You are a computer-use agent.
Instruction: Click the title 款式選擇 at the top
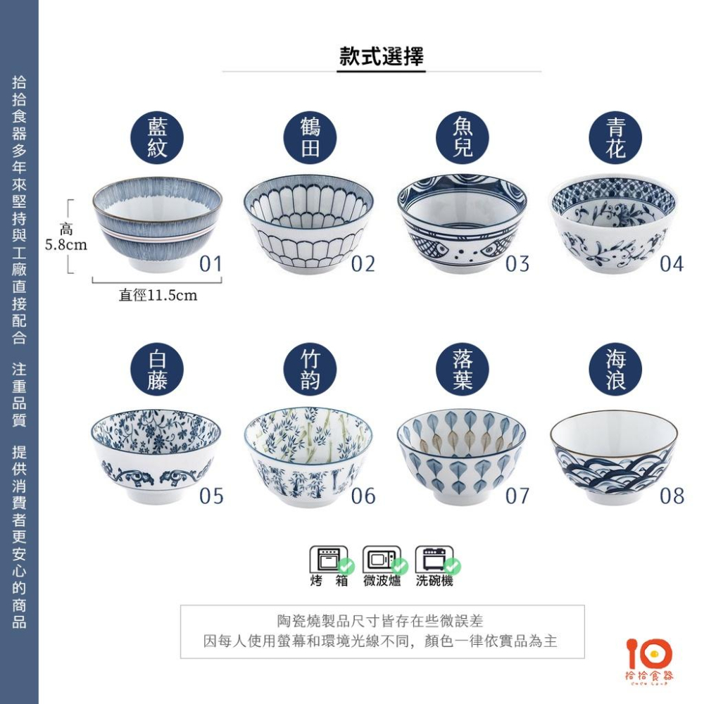(382, 56)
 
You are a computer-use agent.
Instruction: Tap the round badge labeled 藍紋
(157, 138)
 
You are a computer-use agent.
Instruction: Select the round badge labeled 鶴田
(310, 138)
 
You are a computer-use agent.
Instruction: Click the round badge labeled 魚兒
(463, 138)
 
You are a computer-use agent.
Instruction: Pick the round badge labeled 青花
(615, 138)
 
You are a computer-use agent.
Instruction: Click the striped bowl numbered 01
(157, 224)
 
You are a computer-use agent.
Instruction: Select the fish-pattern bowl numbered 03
(462, 224)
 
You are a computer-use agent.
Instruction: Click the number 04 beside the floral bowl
(672, 264)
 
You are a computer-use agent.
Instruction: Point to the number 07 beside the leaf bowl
(517, 496)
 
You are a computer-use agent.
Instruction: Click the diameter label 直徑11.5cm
(158, 296)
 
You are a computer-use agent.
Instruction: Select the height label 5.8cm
(66, 245)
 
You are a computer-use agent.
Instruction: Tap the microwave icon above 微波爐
(382, 559)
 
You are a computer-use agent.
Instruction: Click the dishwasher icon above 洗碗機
(434, 559)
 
